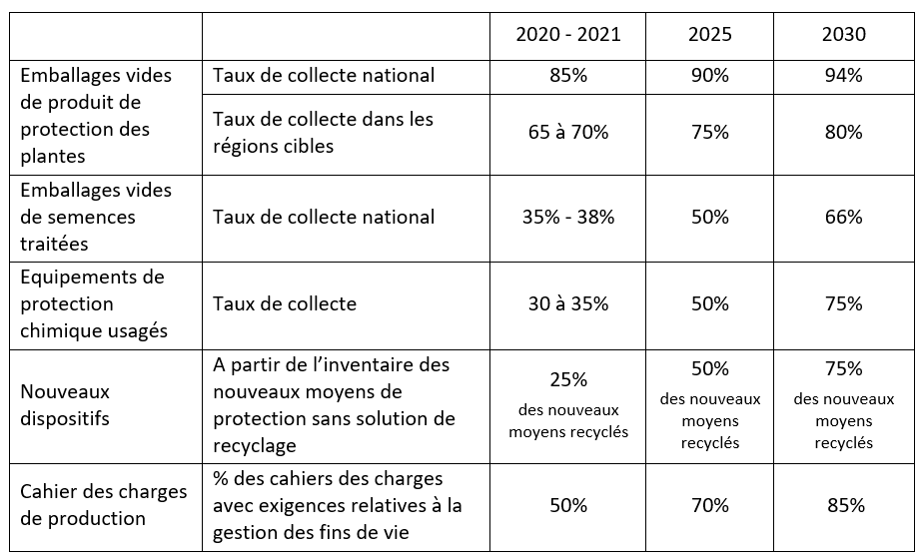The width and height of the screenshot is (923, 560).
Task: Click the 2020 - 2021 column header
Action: pos(567,35)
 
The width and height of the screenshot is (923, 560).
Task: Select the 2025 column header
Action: pos(709,35)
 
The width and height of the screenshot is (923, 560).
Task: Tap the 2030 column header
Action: pos(843,35)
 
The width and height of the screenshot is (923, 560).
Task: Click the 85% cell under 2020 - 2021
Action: pos(567,75)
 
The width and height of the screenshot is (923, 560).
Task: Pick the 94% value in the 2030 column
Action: pos(843,75)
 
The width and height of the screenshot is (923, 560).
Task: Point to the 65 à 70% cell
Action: pos(567,132)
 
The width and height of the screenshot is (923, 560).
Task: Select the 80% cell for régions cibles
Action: pos(843,132)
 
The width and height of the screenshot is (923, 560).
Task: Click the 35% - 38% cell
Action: pos(567,217)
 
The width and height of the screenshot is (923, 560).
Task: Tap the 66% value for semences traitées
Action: pos(843,217)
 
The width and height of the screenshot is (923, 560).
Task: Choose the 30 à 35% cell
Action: pos(567,303)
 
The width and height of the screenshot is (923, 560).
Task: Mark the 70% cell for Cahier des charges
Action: pos(709,505)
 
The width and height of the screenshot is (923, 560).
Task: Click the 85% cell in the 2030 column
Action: pos(843,505)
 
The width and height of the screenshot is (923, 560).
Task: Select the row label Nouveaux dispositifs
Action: pos(65,405)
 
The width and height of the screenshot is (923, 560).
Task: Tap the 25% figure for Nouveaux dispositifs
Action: pos(567,380)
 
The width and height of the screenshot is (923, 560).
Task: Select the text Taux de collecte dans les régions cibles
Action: pos(323,132)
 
